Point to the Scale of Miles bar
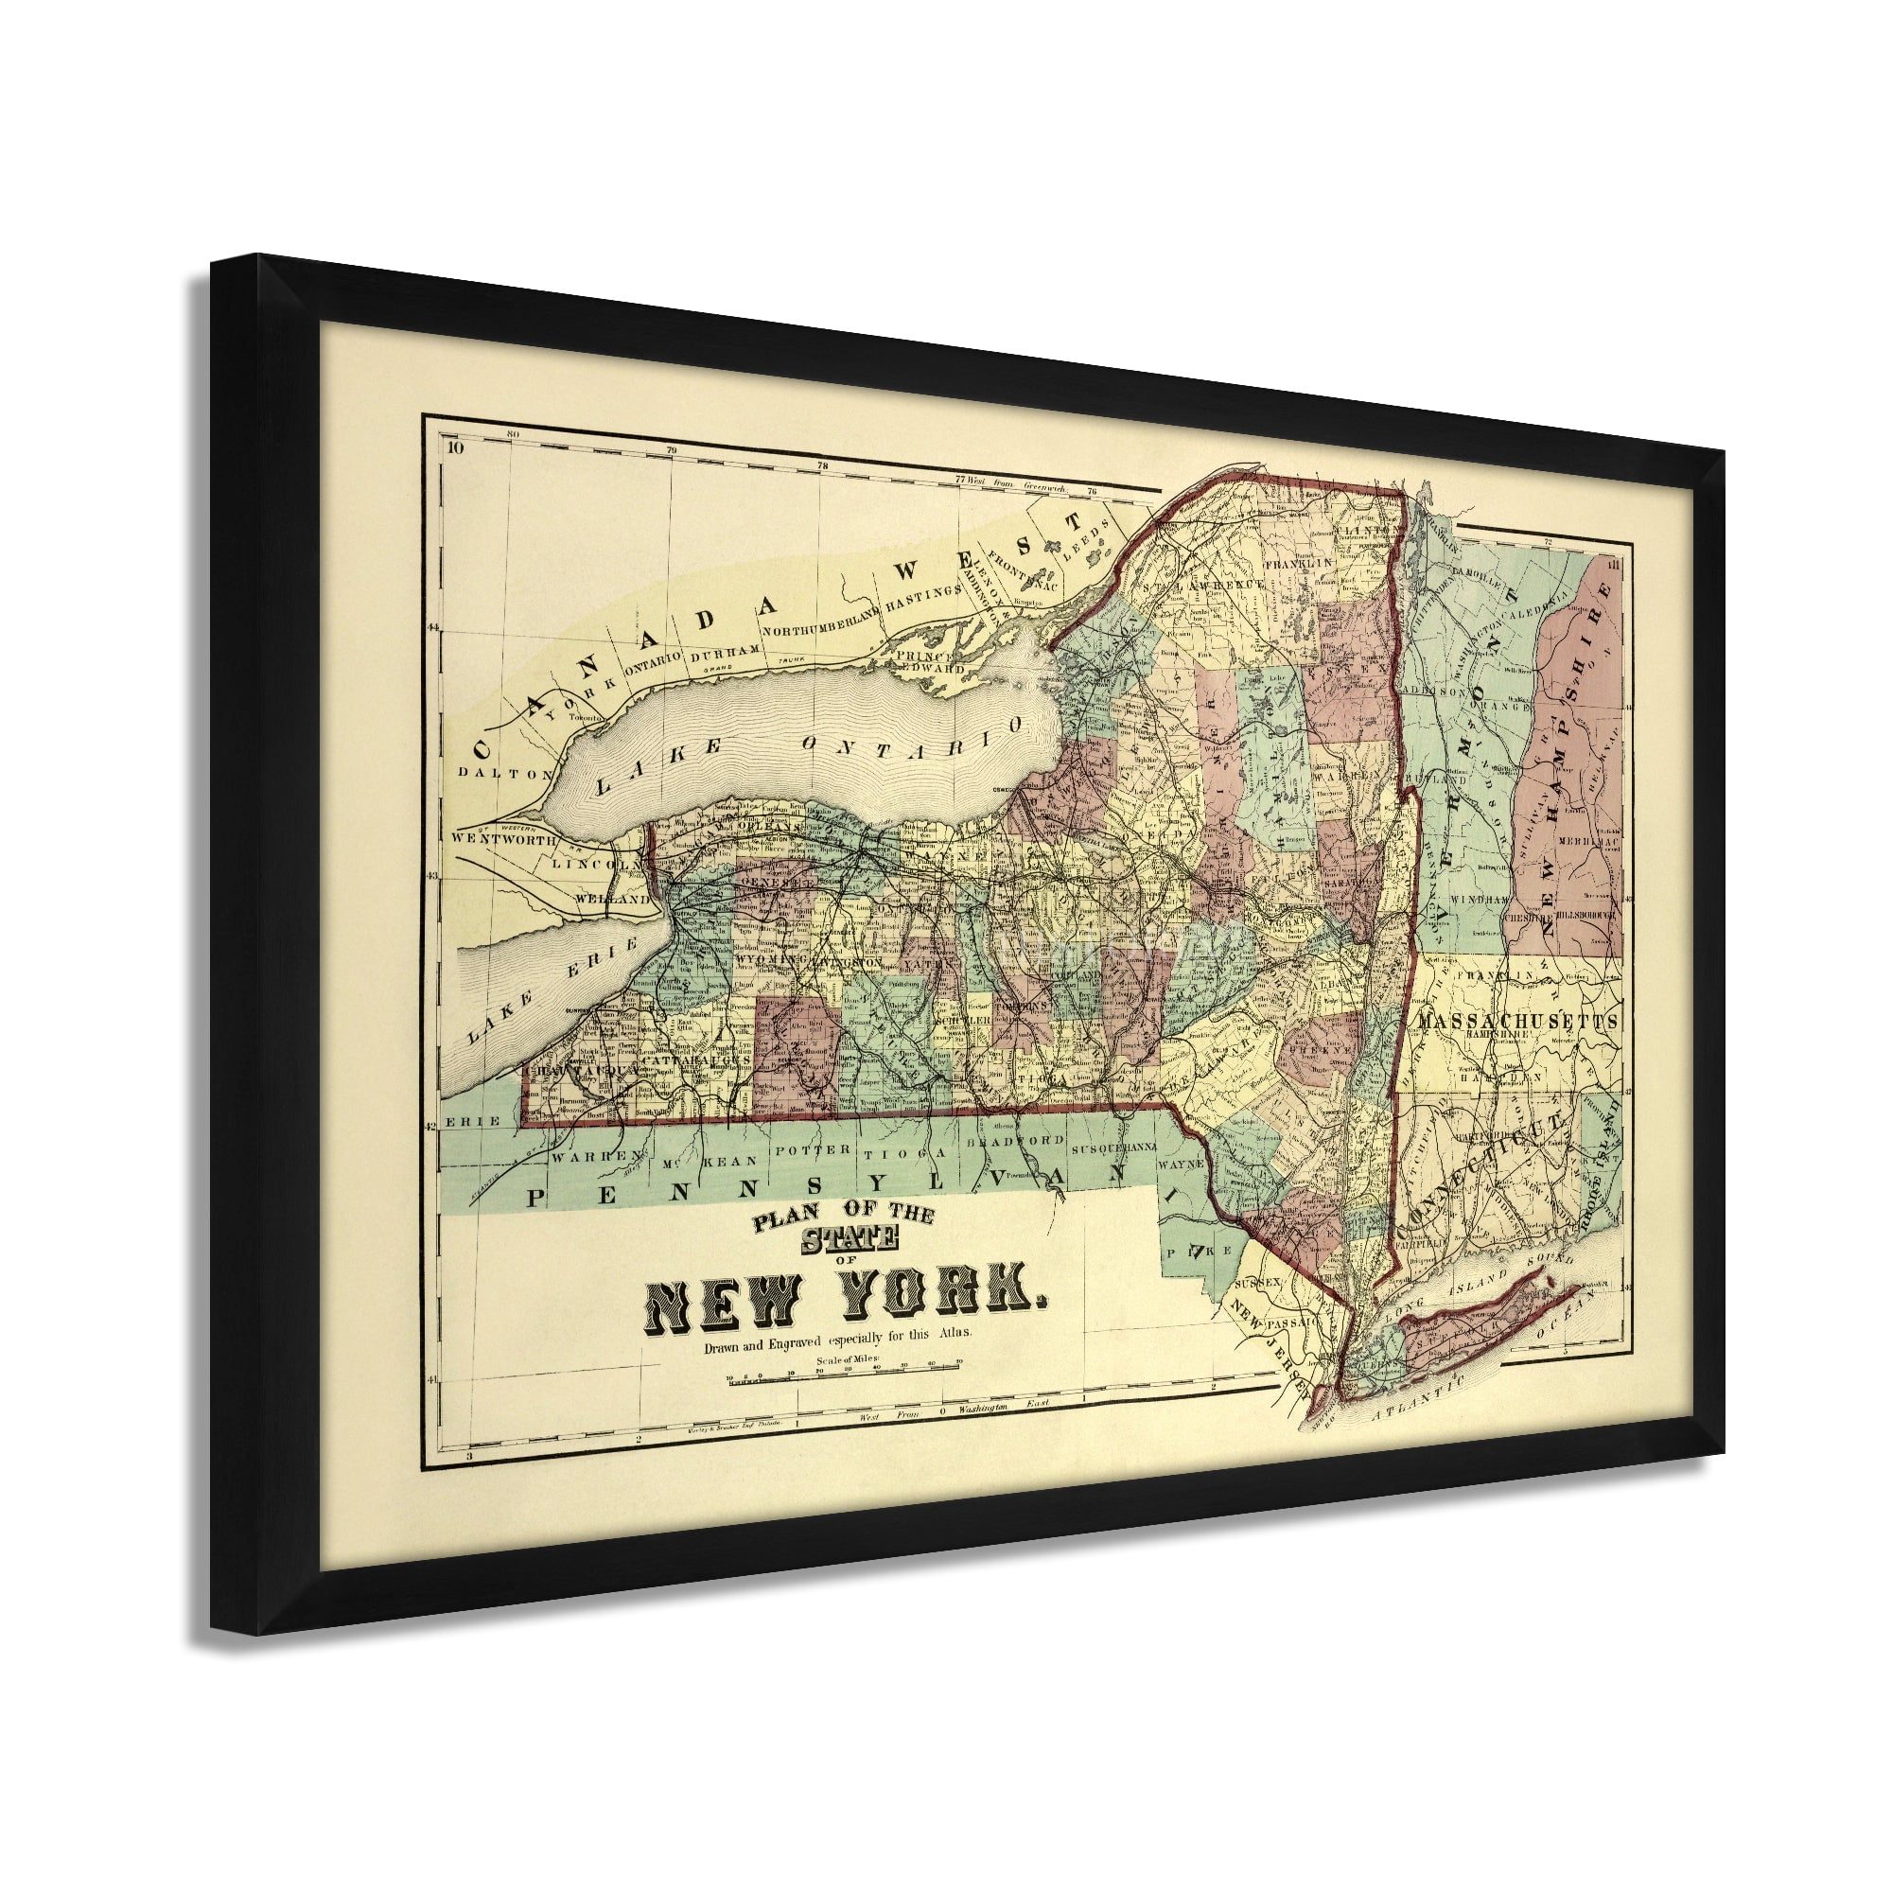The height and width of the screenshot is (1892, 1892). coord(843,1379)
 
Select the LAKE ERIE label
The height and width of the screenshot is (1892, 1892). coord(553,990)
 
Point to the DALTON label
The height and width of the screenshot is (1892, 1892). coord(494,773)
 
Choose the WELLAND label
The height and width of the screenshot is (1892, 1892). coord(612,898)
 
